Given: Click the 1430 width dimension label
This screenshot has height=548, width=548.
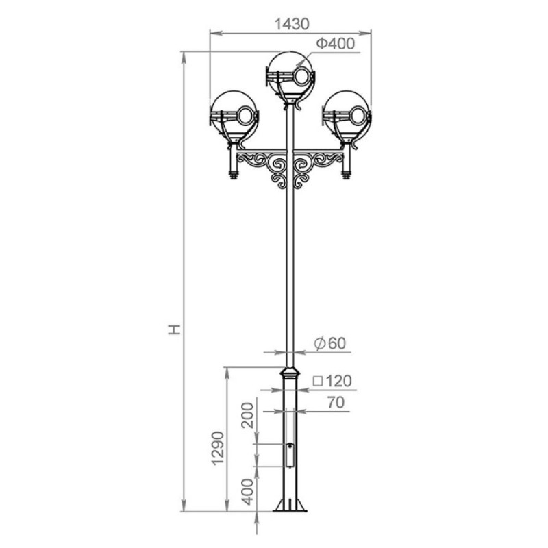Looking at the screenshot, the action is tap(292, 24).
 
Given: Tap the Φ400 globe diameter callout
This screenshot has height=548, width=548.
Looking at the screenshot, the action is tap(336, 44).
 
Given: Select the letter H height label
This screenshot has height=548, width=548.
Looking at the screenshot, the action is tap(175, 329).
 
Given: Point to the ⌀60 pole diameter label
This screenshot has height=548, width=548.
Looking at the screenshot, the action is tap(330, 343).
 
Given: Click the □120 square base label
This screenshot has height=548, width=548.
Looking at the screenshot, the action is tap(332, 381).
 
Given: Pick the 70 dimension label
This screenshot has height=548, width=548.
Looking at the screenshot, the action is tap(336, 402).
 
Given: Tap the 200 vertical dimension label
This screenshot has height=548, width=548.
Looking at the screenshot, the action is tap(247, 416).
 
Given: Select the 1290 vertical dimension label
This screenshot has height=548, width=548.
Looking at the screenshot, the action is tap(218, 449).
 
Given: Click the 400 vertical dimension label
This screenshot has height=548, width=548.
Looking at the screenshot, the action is tap(247, 492).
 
